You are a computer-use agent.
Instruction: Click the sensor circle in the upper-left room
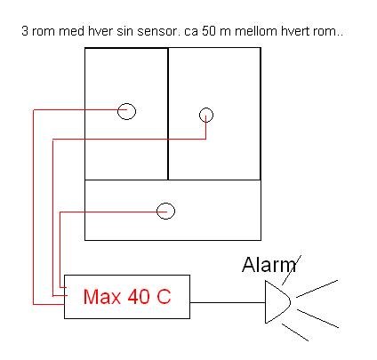[118, 112]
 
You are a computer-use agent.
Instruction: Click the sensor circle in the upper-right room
[200, 115]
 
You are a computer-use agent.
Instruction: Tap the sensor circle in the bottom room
[157, 211]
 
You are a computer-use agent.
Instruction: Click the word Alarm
[269, 265]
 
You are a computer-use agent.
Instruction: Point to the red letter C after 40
[164, 296]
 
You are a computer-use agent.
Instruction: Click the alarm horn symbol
[266, 302]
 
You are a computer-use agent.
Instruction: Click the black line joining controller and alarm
[228, 302]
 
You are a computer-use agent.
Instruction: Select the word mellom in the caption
[256, 31]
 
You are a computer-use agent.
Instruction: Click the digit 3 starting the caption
[25, 31]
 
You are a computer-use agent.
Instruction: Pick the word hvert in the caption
[294, 31]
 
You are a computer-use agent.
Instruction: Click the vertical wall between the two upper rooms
[168, 114]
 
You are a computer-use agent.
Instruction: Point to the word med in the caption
[71, 31]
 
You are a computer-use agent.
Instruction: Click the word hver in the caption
[100, 31]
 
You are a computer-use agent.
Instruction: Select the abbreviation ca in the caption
[191, 32]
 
